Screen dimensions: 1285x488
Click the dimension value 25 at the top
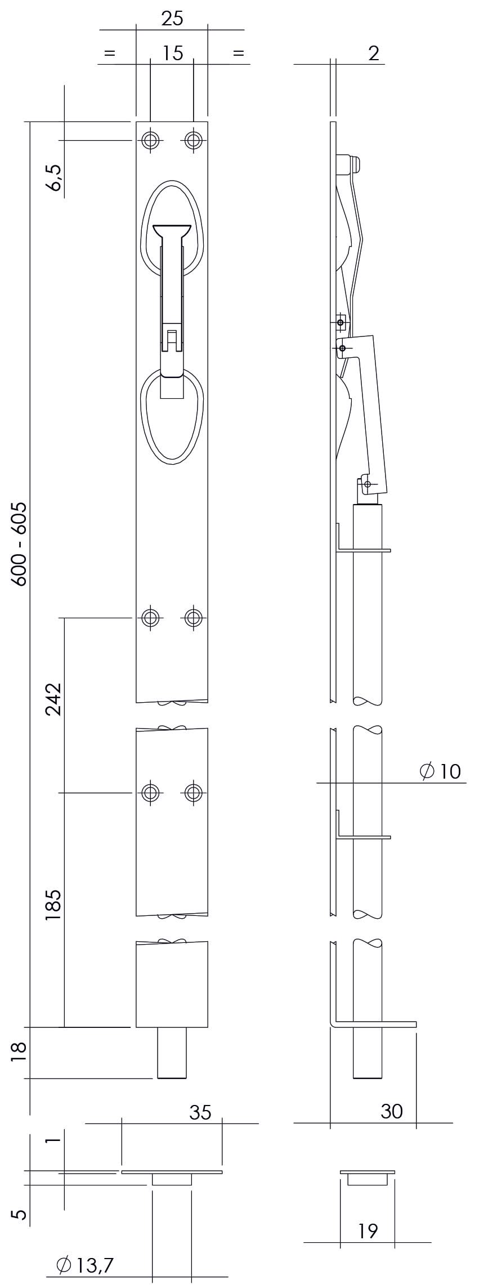tap(172, 19)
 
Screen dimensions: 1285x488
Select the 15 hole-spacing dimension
tap(173, 53)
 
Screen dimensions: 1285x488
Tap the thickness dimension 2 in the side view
tap(374, 53)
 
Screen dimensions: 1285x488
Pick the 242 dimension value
tap(53, 699)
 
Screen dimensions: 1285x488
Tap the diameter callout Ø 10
tap(441, 771)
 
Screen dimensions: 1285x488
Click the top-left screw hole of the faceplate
tap(150, 140)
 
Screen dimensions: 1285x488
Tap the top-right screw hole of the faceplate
tap(193, 140)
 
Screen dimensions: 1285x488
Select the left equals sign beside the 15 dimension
tap(109, 53)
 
